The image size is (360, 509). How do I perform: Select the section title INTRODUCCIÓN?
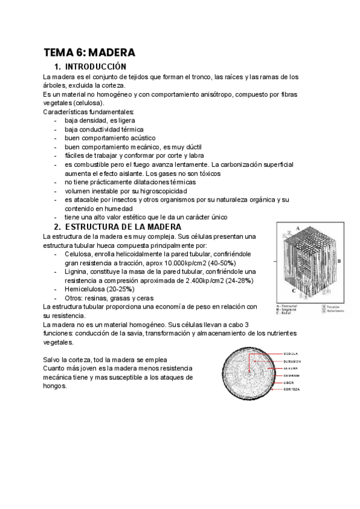(x=95, y=67)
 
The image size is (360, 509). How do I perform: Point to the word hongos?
(x=55, y=386)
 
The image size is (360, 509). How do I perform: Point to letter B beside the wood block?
(x=340, y=262)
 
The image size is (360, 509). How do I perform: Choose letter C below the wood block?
(x=295, y=290)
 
